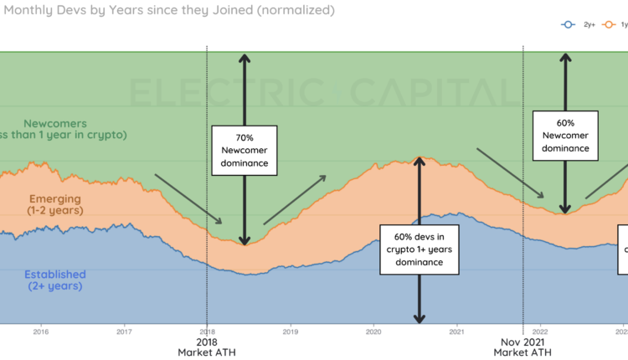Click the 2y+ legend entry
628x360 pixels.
point(583,24)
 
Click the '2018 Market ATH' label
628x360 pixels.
point(207,347)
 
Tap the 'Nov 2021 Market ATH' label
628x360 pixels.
point(523,347)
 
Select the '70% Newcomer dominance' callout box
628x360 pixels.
point(245,151)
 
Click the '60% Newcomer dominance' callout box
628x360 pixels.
point(565,135)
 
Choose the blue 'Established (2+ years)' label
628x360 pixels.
point(54,280)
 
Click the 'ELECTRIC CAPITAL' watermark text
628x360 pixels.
point(322,91)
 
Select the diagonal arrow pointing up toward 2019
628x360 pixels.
point(295,201)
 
